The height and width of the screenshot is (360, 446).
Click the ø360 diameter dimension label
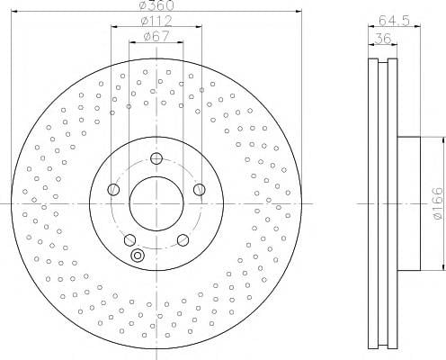click(x=156, y=4)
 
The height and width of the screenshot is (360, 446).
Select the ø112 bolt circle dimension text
click(x=156, y=21)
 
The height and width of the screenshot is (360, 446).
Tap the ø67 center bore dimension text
click(x=156, y=36)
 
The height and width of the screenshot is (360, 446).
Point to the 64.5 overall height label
click(x=394, y=21)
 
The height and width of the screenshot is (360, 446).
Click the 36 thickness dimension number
click(x=383, y=39)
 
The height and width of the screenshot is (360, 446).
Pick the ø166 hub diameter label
click(x=437, y=203)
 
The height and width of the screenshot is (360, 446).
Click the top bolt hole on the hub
click(x=156, y=158)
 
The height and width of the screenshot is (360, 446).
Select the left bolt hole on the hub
click(x=113, y=189)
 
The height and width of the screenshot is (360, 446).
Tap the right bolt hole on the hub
click(x=200, y=190)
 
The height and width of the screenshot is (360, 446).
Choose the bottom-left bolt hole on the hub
click(x=129, y=239)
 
